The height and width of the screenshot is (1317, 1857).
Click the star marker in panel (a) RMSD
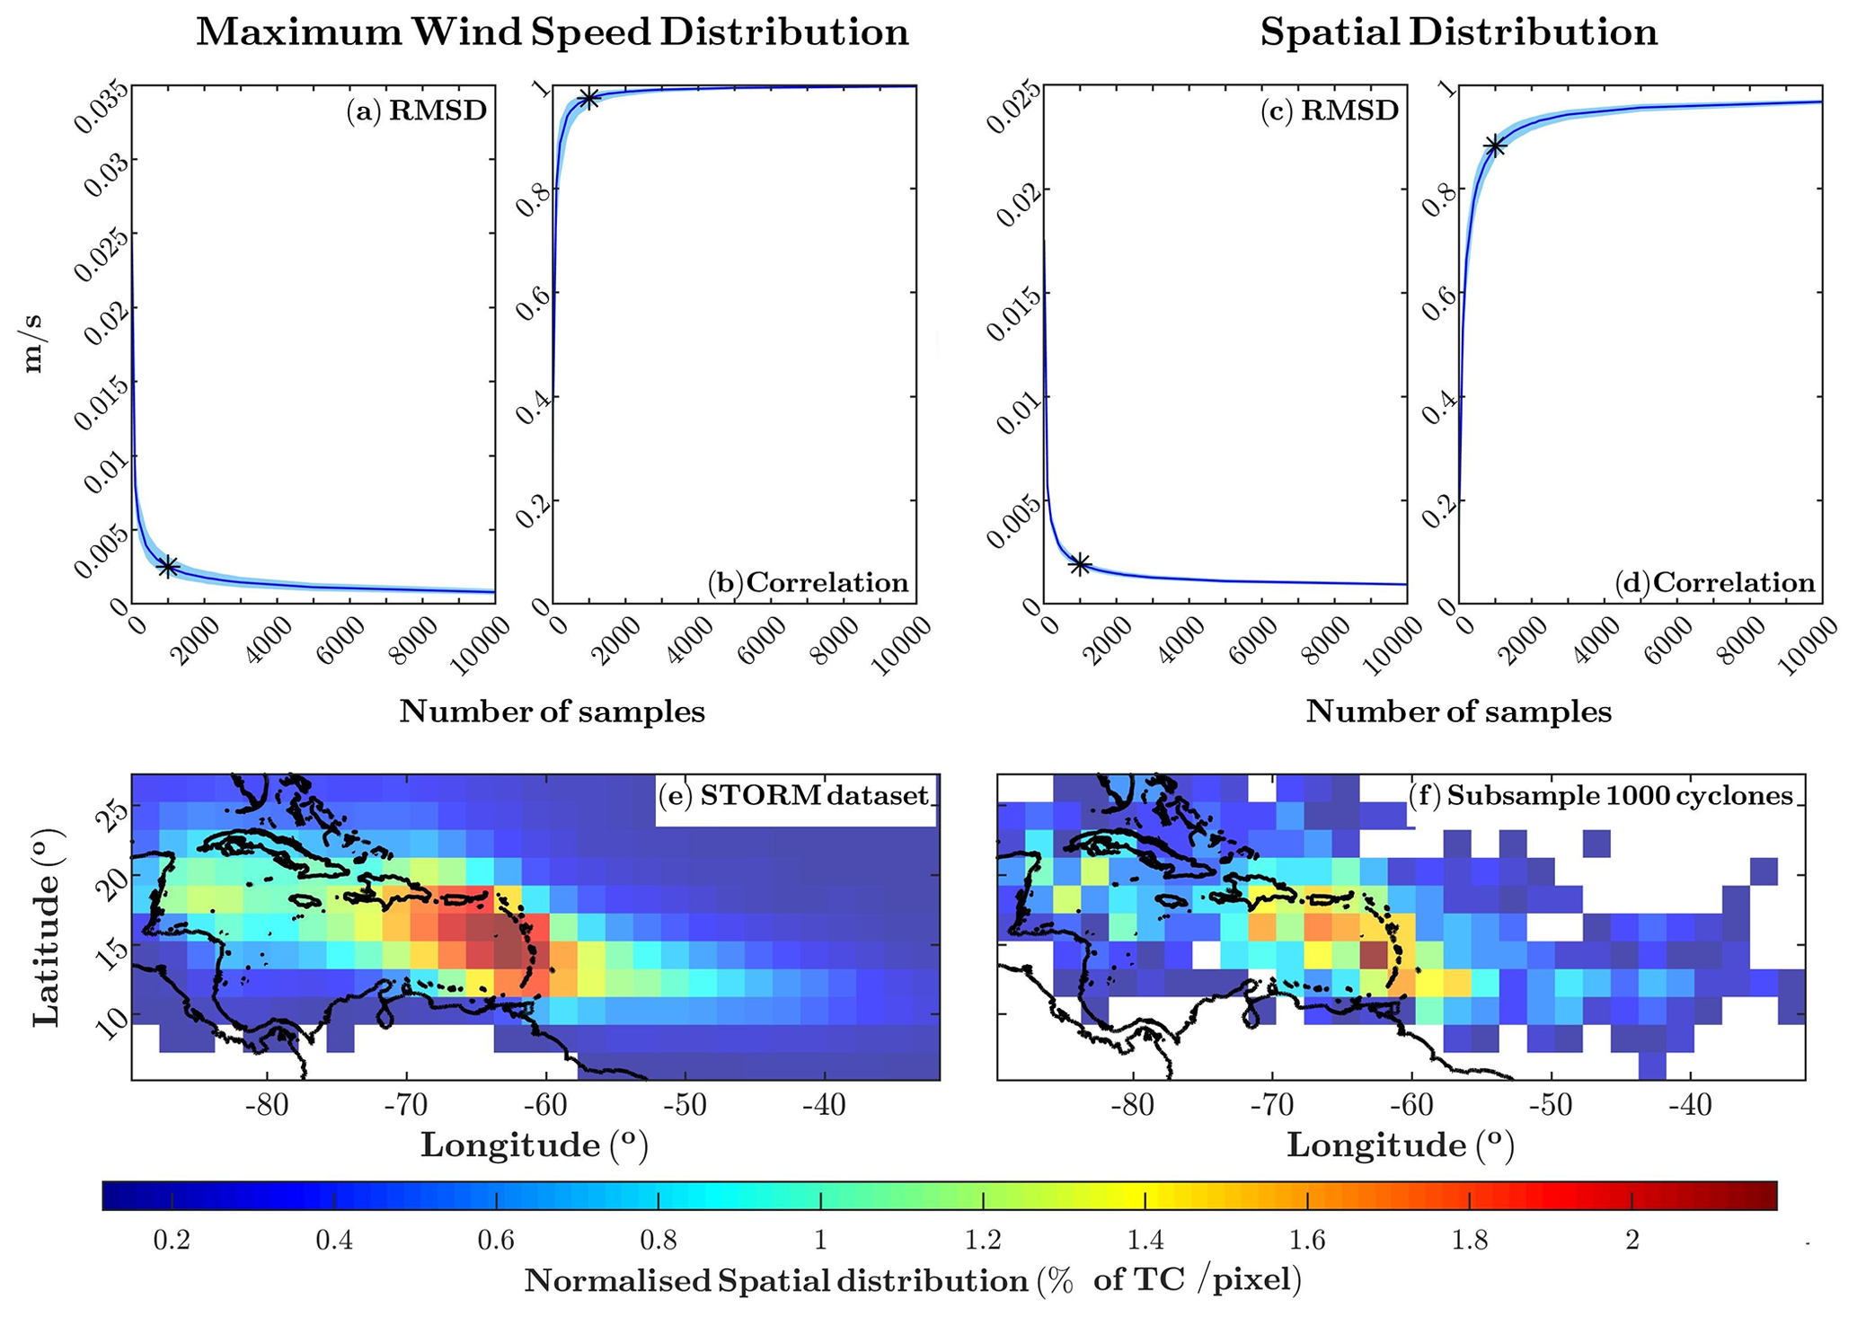(167, 566)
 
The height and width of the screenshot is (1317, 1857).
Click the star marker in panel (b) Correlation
(588, 99)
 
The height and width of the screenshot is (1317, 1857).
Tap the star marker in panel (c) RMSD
(1080, 563)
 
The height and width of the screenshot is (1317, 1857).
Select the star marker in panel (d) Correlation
(1494, 146)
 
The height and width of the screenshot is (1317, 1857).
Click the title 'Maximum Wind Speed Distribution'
(553, 32)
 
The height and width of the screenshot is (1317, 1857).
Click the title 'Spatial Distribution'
(1458, 32)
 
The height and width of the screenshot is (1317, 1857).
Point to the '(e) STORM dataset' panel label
(794, 795)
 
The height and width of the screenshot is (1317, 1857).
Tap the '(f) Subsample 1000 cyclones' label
(1601, 795)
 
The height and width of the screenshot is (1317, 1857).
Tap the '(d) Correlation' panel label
(1715, 583)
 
